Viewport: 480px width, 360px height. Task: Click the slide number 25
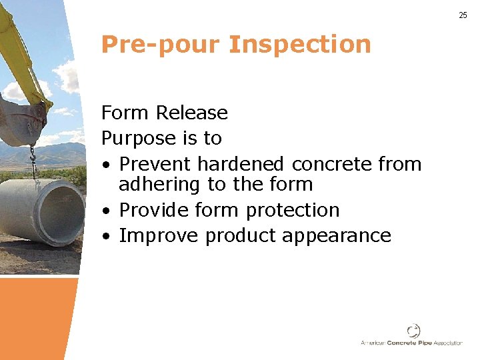pos(463,15)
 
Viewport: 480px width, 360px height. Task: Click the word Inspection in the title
pos(299,45)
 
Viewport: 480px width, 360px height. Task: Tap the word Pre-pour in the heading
pos(160,45)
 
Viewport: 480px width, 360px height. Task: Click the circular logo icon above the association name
pos(414,330)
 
